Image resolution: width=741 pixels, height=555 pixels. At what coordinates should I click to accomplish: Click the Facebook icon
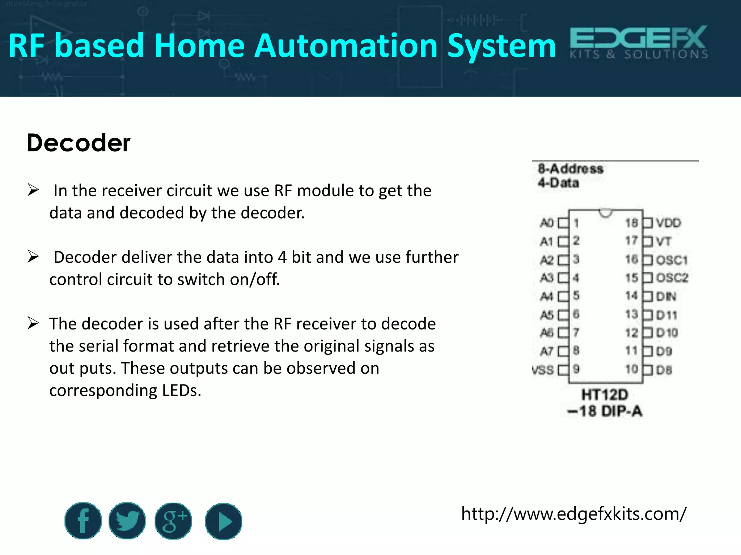(x=83, y=521)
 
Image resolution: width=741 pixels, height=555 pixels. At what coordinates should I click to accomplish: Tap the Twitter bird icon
(x=127, y=521)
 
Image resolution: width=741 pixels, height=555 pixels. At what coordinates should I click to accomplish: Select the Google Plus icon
(x=173, y=521)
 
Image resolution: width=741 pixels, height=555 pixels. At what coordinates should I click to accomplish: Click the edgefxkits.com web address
(x=573, y=513)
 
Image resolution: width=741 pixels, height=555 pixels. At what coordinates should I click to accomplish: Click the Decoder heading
(x=79, y=143)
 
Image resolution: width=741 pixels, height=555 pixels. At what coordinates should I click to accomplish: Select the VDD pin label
(x=668, y=223)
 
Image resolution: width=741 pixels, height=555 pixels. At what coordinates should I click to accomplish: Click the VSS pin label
(x=543, y=370)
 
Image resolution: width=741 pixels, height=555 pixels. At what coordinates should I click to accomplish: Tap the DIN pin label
(x=666, y=297)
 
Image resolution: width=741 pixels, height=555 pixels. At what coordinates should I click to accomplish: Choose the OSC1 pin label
(x=672, y=260)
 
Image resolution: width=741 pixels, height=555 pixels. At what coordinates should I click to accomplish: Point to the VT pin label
(x=664, y=241)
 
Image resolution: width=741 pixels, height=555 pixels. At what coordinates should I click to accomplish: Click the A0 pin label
(x=547, y=223)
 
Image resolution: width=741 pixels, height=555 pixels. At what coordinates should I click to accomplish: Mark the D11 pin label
(x=666, y=315)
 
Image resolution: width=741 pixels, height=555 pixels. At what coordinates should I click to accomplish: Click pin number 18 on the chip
(x=631, y=223)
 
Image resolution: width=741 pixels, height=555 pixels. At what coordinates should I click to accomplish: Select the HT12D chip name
(x=605, y=395)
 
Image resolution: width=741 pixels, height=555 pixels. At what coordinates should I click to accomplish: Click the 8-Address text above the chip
(x=571, y=169)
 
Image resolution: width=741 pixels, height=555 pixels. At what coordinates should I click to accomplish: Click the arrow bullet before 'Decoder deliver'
(x=33, y=257)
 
